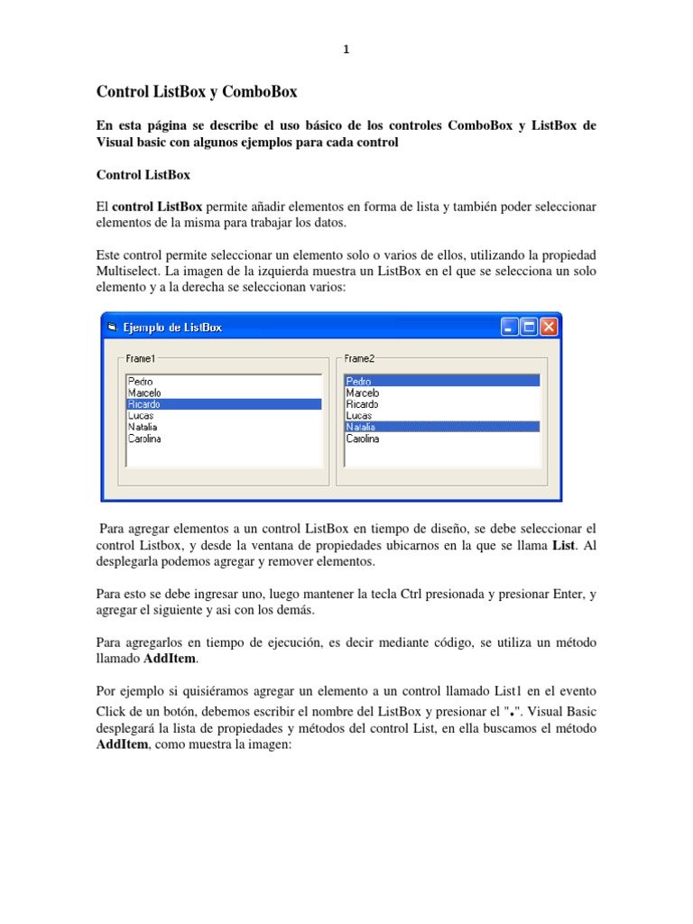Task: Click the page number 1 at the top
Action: tap(346, 51)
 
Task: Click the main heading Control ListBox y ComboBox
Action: tap(197, 91)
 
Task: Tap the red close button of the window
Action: tap(549, 327)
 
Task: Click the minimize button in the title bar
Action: tap(510, 327)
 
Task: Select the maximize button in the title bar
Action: tap(529, 327)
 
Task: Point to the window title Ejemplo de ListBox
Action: tap(171, 328)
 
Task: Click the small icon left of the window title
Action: tap(112, 328)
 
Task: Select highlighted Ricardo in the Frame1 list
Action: tap(144, 405)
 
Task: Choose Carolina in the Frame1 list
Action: tap(144, 439)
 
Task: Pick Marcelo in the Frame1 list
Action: tap(144, 393)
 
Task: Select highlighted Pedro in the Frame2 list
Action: tap(359, 382)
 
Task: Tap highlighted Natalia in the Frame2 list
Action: tap(361, 427)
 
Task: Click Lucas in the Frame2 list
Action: tap(359, 416)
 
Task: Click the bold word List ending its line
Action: tap(564, 546)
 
